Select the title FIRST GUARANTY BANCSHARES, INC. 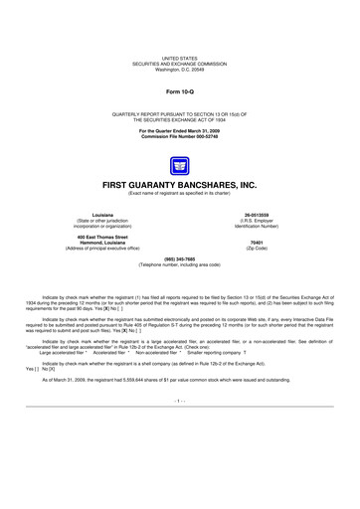pyautogui.click(x=180, y=185)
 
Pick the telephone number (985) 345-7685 pyautogui.click(x=180, y=260)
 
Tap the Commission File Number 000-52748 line pyautogui.click(x=180, y=136)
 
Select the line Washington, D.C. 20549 pyautogui.click(x=180, y=70)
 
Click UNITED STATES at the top pyautogui.click(x=180, y=59)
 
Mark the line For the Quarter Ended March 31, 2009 pyautogui.click(x=180, y=130)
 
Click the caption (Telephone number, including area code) pyautogui.click(x=180, y=266)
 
